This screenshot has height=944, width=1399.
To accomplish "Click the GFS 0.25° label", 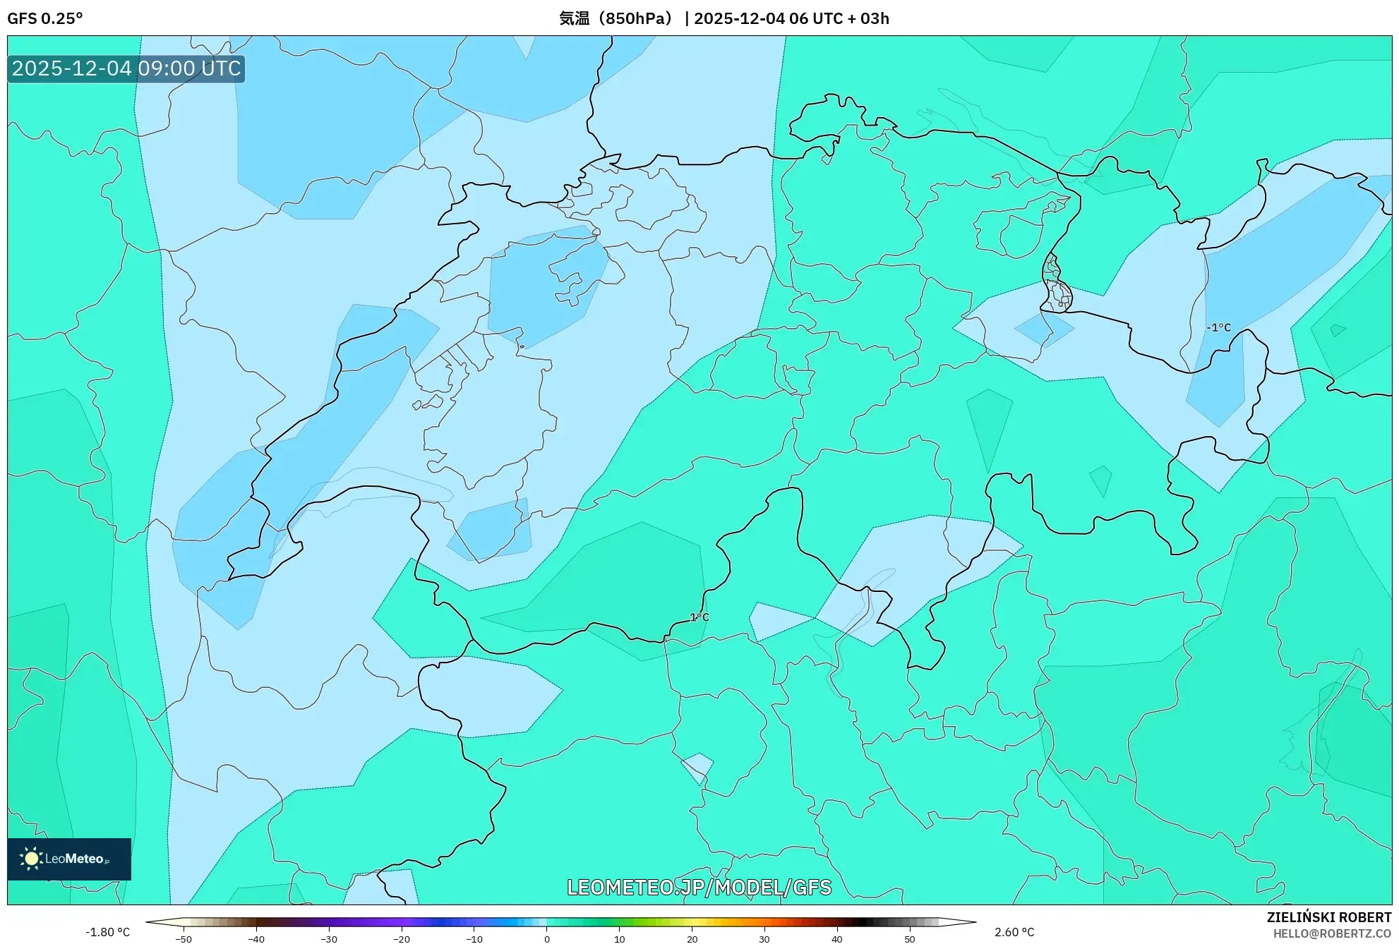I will pyautogui.click(x=44, y=18).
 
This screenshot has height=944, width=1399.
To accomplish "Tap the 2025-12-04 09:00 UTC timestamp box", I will pyautogui.click(x=126, y=68).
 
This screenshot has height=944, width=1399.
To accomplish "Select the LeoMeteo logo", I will pyautogui.click(x=69, y=859).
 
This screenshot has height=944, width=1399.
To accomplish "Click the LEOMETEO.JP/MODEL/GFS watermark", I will pyautogui.click(x=699, y=887).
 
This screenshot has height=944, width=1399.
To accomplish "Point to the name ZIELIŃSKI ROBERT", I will pyautogui.click(x=1328, y=917).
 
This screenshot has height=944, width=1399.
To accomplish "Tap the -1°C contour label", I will pyautogui.click(x=1218, y=327).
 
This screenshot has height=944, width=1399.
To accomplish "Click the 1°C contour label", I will pyautogui.click(x=699, y=617).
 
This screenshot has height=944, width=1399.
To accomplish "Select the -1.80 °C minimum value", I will pyautogui.click(x=108, y=932).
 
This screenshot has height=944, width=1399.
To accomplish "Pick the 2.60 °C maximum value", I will pyautogui.click(x=1014, y=932).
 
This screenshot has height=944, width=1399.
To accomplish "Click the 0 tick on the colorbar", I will pyautogui.click(x=546, y=939).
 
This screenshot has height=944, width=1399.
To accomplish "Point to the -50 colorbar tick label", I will pyautogui.click(x=183, y=939).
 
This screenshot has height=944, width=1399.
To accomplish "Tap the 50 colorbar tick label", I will pyautogui.click(x=909, y=939).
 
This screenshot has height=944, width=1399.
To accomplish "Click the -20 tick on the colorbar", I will pyautogui.click(x=401, y=939).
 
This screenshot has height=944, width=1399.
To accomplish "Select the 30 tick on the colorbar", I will pyautogui.click(x=764, y=939).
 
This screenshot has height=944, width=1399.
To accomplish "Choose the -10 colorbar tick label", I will pyautogui.click(x=474, y=939).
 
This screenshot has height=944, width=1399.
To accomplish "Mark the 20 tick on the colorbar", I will pyautogui.click(x=692, y=939).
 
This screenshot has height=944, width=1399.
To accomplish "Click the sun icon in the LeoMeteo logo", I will pyautogui.click(x=31, y=859).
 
